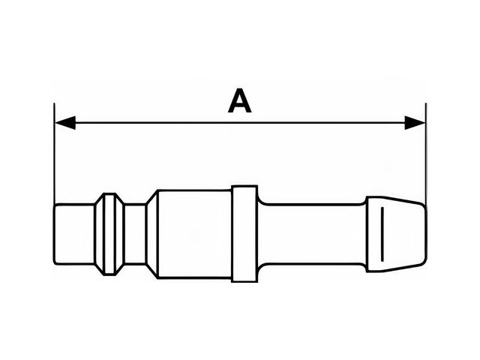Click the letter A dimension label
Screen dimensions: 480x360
click(240, 100)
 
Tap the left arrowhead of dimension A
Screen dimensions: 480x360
click(65, 123)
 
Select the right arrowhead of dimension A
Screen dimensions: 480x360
click(415, 123)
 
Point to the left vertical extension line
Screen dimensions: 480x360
click(54, 154)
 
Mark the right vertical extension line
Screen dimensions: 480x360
click(426, 154)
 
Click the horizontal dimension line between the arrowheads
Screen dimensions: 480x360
click(240, 123)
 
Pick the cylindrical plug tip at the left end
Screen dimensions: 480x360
click(74, 234)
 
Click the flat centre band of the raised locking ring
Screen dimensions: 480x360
click(109, 234)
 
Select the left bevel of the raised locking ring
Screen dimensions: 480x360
click(100, 234)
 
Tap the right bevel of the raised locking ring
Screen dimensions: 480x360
click(120, 234)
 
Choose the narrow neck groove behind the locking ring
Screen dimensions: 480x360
click(135, 234)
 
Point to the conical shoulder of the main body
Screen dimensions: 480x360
click(152, 234)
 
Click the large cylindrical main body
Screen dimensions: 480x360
click(195, 234)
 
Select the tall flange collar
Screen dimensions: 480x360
click(244, 234)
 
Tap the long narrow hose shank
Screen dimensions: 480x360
click(312, 234)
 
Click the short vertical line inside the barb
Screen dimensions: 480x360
click(382, 234)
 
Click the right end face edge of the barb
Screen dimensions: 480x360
click(425, 234)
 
